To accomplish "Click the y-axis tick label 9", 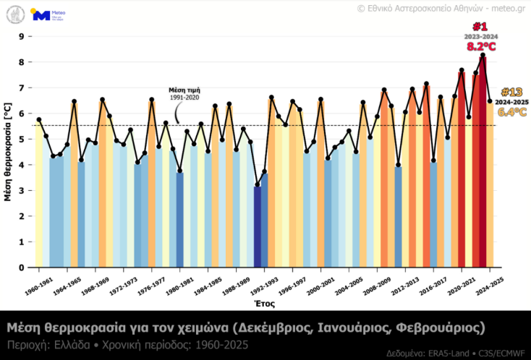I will click(22, 36).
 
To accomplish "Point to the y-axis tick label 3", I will click(22, 191).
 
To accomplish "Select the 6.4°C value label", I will click(511, 112).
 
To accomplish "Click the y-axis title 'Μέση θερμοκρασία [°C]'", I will click(8, 151).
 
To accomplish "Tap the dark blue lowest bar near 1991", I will click(258, 226).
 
